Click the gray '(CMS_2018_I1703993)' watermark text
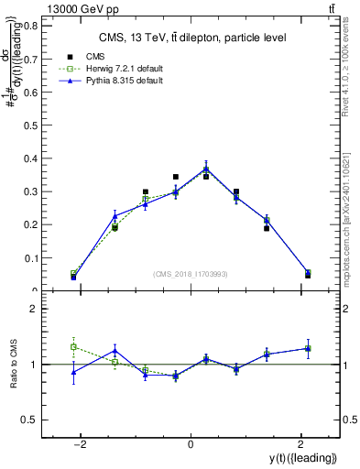click(x=190, y=273)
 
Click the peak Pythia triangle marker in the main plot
click(x=206, y=168)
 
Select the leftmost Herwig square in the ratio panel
click(x=73, y=346)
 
